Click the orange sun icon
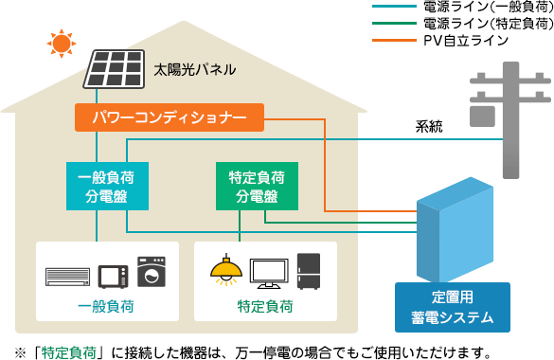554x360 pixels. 62,43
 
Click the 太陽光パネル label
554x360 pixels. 194,70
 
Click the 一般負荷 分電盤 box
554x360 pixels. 98,186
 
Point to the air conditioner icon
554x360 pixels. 70,278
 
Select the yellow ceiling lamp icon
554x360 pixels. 224,271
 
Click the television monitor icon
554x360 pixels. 268,274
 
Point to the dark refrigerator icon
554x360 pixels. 310,271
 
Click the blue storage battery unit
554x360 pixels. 456,236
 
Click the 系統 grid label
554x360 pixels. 429,126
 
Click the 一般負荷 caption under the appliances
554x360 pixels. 106,307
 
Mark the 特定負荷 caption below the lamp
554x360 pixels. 264,307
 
